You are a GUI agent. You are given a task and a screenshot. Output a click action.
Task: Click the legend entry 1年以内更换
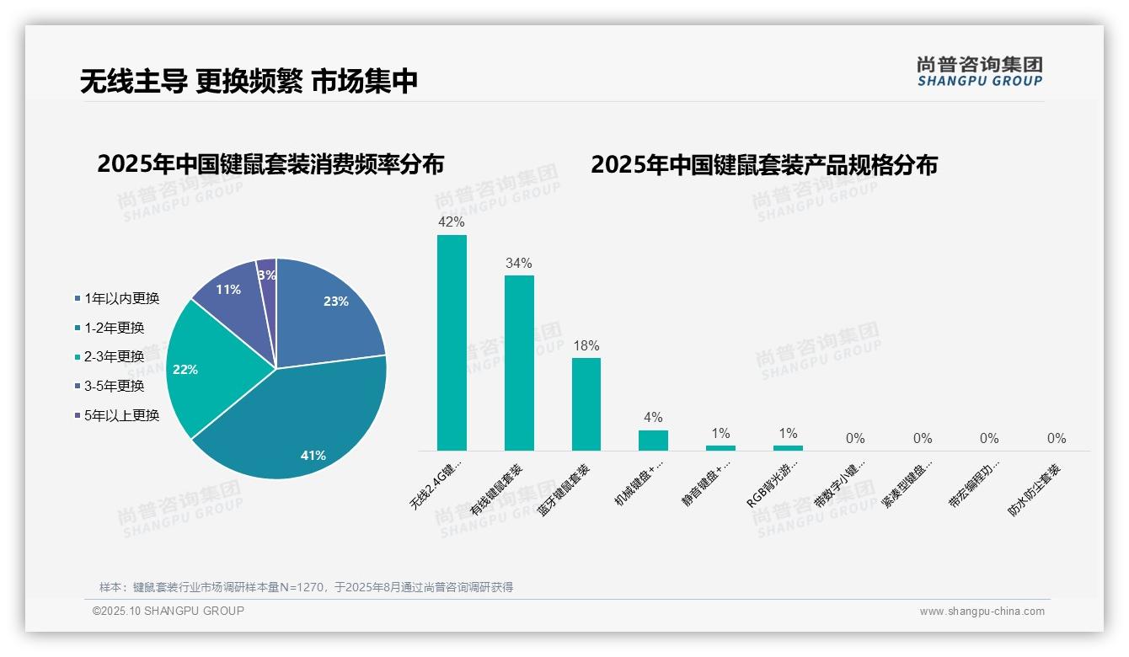[121, 298]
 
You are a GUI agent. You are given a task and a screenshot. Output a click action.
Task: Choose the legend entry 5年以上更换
[121, 414]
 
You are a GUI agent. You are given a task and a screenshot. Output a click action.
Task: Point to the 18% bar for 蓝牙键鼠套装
[586, 403]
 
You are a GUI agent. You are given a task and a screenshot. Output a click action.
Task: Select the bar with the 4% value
[653, 440]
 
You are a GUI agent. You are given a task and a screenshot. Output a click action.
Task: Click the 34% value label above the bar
[519, 263]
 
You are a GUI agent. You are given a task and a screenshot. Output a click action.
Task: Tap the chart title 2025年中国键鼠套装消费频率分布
[270, 163]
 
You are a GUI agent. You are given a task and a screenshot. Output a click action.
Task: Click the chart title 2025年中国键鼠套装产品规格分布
[763, 164]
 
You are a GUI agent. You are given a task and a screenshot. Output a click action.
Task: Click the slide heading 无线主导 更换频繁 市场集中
[249, 82]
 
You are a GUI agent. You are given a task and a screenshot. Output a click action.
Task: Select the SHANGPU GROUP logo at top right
[979, 72]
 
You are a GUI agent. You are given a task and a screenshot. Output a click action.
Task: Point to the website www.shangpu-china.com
[982, 612]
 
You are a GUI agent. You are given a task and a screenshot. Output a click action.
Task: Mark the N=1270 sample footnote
[306, 587]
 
